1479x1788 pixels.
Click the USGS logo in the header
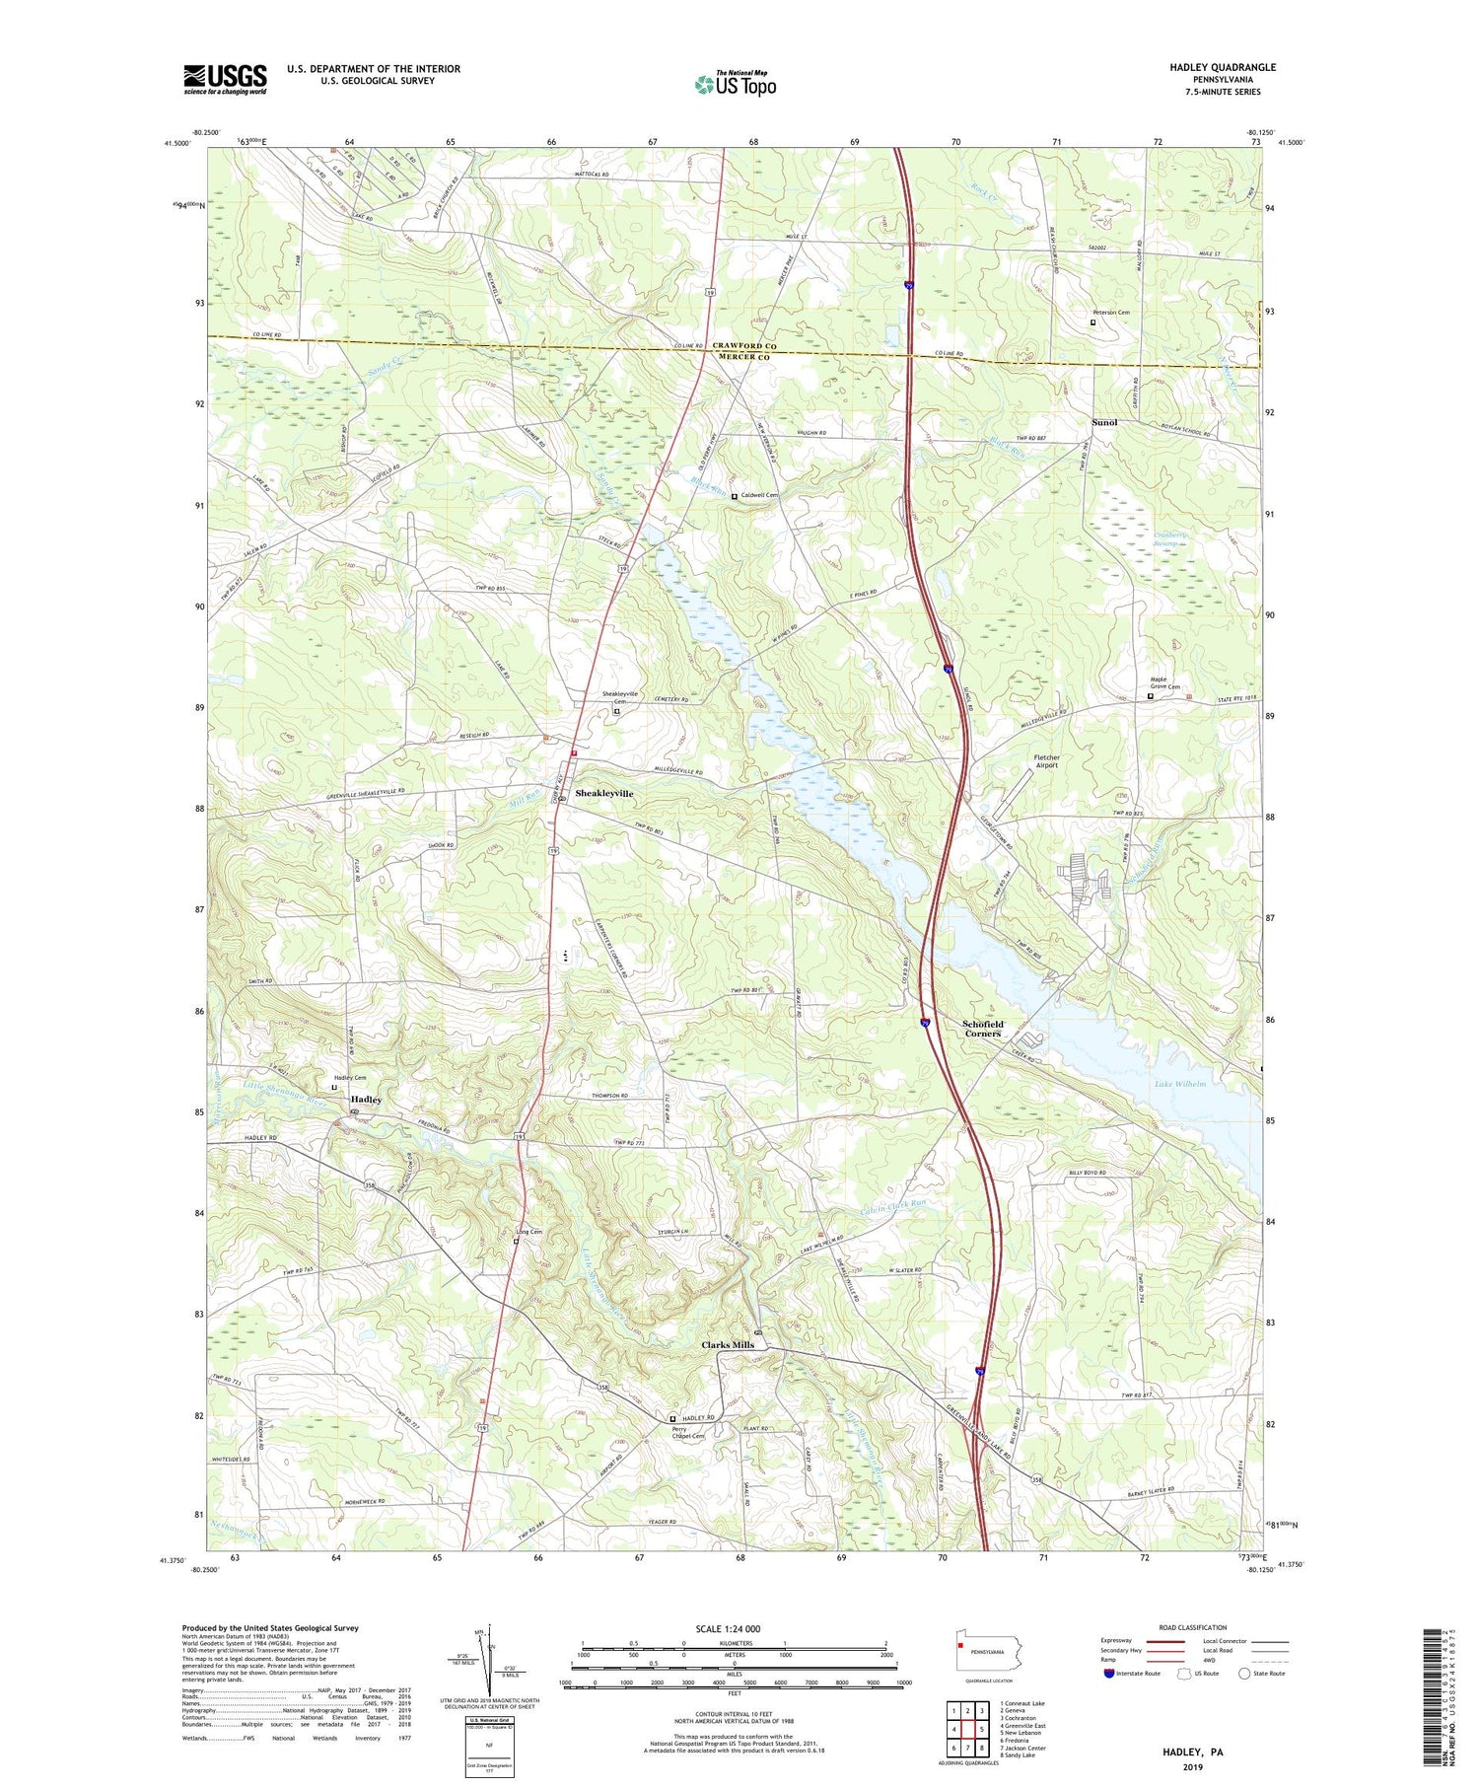click(x=225, y=79)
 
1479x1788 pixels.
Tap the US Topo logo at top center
click(x=735, y=85)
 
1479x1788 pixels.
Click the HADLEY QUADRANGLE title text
click(x=1222, y=67)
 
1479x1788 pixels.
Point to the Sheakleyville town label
click(x=603, y=793)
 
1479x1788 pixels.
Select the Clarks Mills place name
click(x=727, y=1344)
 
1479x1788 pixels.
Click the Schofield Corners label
click(x=982, y=1028)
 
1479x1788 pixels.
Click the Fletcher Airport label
click(x=1045, y=761)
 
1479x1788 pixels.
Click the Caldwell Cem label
click(x=760, y=495)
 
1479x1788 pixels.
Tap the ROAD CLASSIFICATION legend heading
click(x=1192, y=1627)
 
